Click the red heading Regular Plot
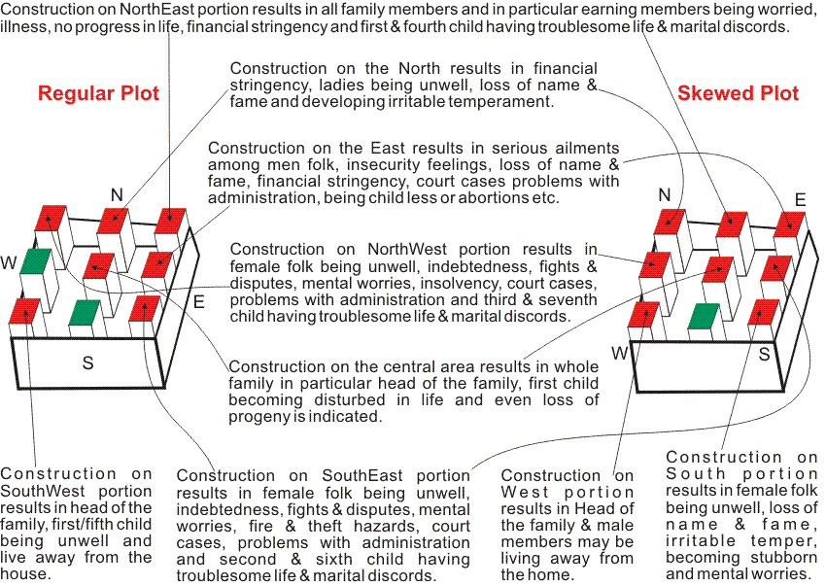pos(98,94)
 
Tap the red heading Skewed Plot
pos(739,94)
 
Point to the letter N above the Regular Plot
pos(117,195)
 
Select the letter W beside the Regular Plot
pos(9,263)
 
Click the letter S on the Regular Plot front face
pos(87,363)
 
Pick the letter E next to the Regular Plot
pos(198,301)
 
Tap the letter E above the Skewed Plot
pos(800,200)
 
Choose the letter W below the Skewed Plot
pos(619,351)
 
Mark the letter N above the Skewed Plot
pos(665,195)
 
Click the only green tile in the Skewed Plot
pos(704,316)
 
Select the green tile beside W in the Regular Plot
pos(36,260)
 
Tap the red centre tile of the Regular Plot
pos(99,263)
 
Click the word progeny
pos(262,417)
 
